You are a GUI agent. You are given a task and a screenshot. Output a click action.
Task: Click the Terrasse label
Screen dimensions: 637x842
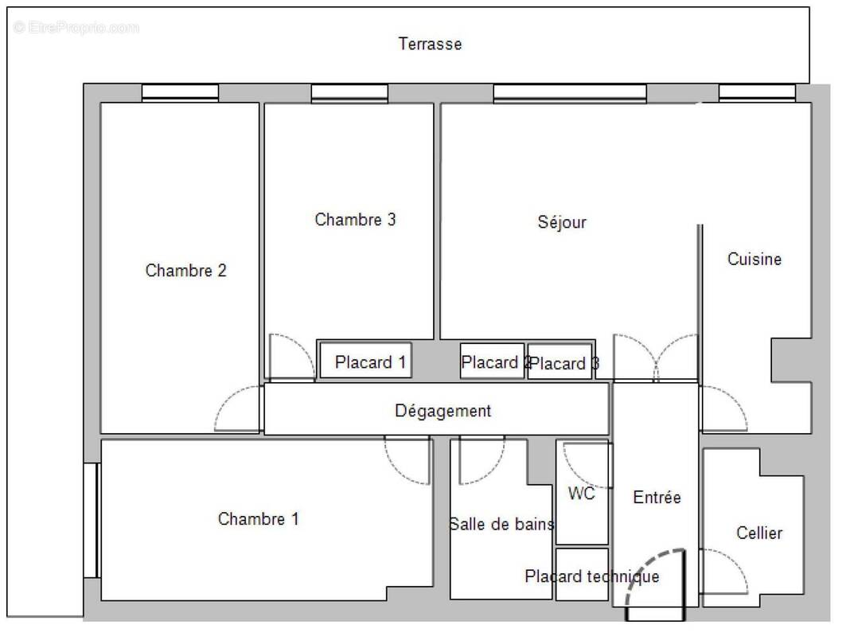430,44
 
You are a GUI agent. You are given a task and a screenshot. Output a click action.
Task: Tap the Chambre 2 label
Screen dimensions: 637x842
185,271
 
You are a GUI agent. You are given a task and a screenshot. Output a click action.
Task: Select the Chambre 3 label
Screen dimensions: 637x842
355,220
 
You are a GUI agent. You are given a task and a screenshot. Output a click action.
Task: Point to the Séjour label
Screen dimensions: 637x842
562,222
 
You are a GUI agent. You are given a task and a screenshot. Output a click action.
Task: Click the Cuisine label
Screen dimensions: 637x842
754,259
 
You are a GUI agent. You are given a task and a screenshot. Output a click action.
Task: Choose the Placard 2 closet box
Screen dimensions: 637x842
493,361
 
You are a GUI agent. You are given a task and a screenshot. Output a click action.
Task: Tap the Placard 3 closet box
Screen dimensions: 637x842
560,363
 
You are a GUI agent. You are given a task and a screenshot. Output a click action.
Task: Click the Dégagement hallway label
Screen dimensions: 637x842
443,411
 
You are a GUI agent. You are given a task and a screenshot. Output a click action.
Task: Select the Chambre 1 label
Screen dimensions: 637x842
259,519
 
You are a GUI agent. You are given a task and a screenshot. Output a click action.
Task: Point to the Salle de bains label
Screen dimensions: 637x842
501,524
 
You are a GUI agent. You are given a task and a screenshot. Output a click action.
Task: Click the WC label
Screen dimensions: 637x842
582,494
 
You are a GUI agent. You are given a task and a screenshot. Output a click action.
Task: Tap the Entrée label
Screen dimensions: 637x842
657,498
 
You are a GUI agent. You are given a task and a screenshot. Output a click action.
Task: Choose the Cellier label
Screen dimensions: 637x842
758,533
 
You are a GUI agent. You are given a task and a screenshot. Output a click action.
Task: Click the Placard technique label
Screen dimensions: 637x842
591,576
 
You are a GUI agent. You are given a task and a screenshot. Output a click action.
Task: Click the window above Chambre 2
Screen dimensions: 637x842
180,92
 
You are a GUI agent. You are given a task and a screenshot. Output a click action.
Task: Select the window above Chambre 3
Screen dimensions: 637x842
349,92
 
